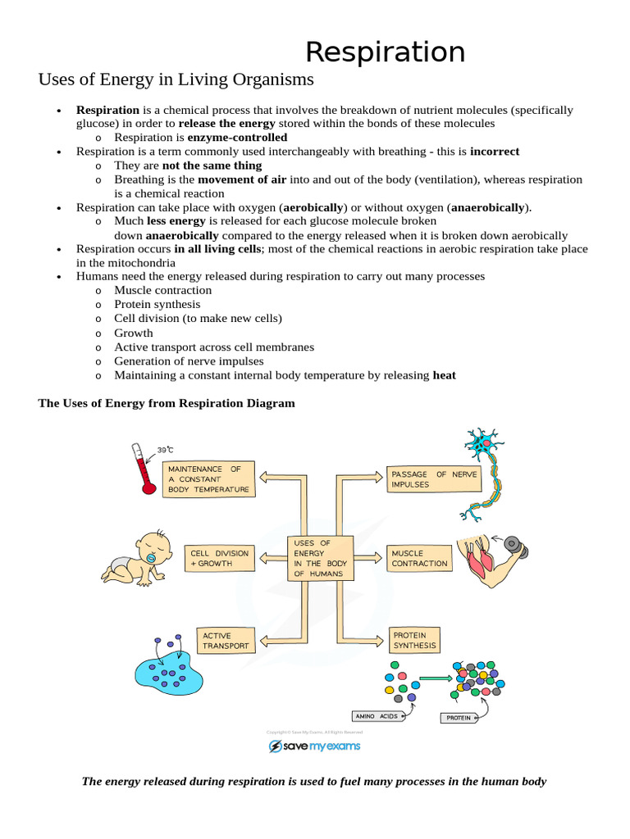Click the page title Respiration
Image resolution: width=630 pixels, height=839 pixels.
click(x=385, y=52)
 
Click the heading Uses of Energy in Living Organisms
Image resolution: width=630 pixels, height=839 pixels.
click(x=176, y=79)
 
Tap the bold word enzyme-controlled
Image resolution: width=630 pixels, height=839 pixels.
click(x=237, y=137)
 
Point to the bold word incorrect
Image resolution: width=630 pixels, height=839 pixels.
click(x=495, y=152)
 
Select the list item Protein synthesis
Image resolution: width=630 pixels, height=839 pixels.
click(x=157, y=304)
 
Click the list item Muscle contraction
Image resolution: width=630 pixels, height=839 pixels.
click(x=162, y=290)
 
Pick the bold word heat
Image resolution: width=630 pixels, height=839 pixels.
click(x=445, y=375)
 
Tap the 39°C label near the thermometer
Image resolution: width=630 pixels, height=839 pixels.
click(x=166, y=449)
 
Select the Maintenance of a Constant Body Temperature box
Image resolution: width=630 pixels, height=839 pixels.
click(x=209, y=479)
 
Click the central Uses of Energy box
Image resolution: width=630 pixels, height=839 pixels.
click(x=320, y=558)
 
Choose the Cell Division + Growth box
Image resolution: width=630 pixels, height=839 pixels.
click(x=218, y=558)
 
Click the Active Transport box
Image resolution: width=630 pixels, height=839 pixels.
click(x=224, y=641)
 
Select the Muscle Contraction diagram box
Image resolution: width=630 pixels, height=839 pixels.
click(x=419, y=558)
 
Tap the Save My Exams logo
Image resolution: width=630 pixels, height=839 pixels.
click(x=315, y=746)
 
